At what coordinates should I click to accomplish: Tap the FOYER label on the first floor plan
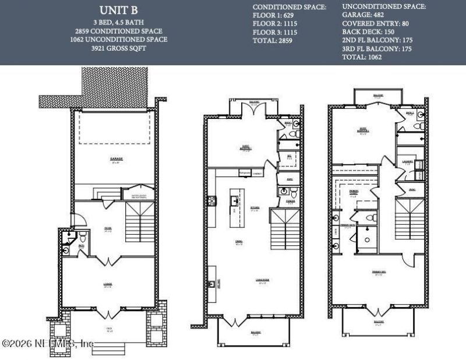click(x=108, y=228)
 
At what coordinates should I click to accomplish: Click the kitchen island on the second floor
click(x=235, y=201)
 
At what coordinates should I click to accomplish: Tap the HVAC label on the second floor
click(x=282, y=179)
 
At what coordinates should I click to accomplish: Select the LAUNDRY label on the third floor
click(x=407, y=163)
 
